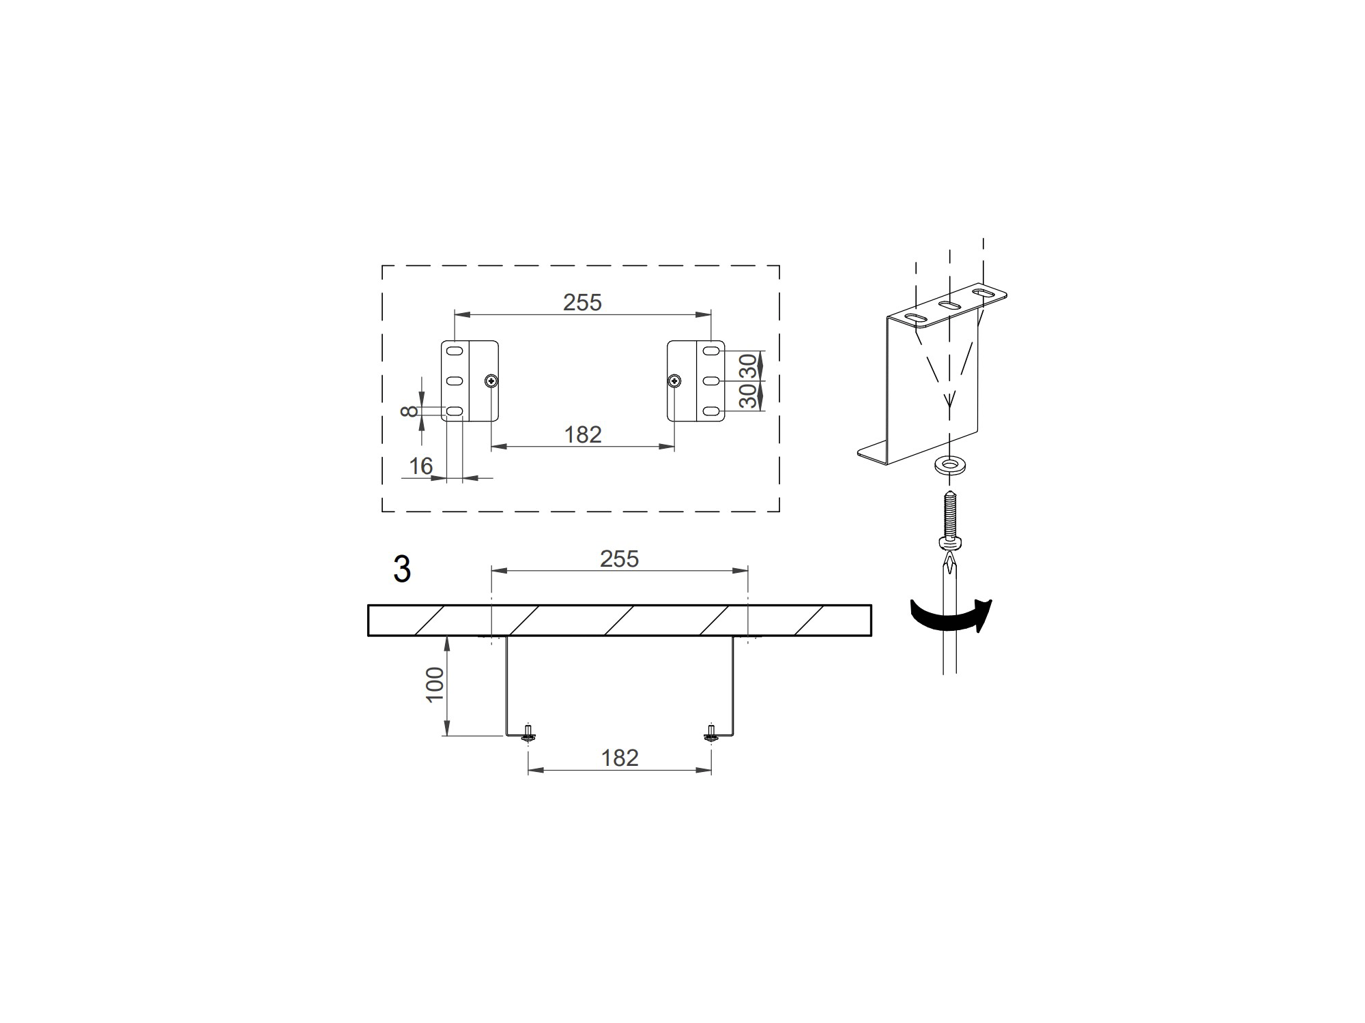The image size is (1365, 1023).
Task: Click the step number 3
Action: [x=402, y=569]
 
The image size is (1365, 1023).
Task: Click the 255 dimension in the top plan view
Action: [x=582, y=302]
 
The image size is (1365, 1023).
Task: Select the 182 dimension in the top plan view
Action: [x=583, y=434]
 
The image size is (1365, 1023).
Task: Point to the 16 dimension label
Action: [x=421, y=466]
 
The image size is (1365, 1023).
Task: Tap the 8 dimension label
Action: [x=409, y=411]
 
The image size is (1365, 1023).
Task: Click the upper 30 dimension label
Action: [x=749, y=366]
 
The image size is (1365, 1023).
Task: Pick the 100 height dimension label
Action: [x=435, y=685]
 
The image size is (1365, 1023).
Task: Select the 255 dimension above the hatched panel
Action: [x=619, y=559]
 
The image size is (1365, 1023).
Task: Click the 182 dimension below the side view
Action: [x=620, y=758]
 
